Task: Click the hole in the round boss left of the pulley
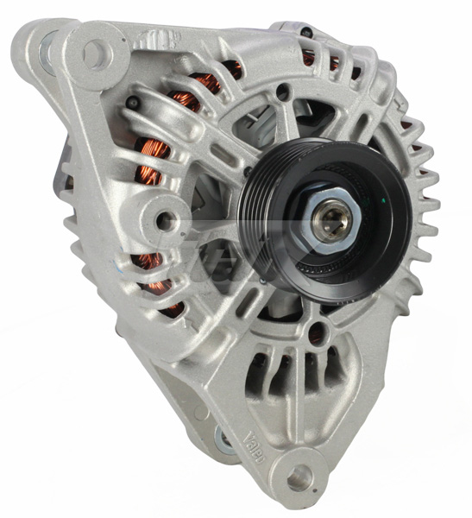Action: (164, 221)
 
